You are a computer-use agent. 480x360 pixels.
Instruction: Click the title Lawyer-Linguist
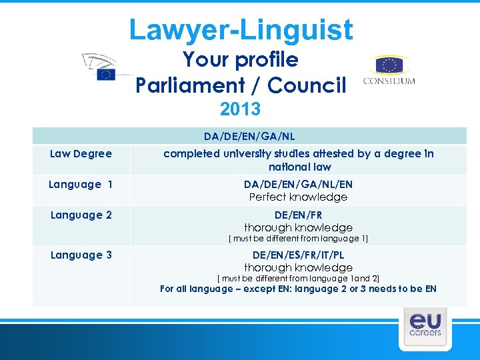coord(241,30)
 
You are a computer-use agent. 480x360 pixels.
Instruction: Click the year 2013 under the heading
coord(240,109)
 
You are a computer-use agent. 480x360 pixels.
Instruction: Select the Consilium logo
coord(389,71)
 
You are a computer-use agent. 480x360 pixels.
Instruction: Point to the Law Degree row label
coord(81,154)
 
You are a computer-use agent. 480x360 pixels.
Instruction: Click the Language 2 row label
coord(80,215)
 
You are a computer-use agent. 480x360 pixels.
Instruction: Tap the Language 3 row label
coord(80,255)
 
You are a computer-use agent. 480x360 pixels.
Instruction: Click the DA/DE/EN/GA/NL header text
coord(249,137)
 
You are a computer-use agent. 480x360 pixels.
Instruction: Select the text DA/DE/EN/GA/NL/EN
coord(298,185)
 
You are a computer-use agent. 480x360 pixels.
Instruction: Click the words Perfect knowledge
coord(298,197)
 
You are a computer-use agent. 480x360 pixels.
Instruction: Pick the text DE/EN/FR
coord(298,215)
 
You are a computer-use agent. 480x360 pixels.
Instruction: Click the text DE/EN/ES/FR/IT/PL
coord(298,255)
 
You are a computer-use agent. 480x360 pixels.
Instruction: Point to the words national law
coord(299,167)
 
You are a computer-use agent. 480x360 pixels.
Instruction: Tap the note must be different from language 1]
coord(298,239)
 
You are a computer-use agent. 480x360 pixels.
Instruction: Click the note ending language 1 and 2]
coord(298,278)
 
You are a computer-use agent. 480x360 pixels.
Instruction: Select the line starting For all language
coord(298,289)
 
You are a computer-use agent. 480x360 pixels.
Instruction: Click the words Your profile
coord(241,60)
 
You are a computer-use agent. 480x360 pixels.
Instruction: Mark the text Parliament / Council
coord(241,85)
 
